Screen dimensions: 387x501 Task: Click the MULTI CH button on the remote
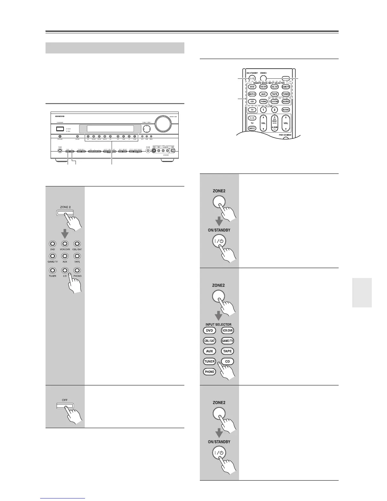(252, 94)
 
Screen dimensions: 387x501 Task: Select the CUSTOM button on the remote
(274, 102)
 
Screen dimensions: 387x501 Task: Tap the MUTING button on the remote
(286, 110)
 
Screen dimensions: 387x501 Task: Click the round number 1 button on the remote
(263, 110)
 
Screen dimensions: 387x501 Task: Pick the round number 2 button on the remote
(274, 110)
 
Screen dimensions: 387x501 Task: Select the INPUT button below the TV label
(252, 128)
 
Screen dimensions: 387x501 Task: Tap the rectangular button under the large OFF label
(64, 406)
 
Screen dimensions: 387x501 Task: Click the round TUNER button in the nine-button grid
(52, 270)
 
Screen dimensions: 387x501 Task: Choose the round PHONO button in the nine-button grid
(77, 270)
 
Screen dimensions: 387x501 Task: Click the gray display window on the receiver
(110, 129)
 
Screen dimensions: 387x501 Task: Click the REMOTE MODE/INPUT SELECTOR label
(268, 83)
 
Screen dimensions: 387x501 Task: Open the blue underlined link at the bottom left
(63, 498)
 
